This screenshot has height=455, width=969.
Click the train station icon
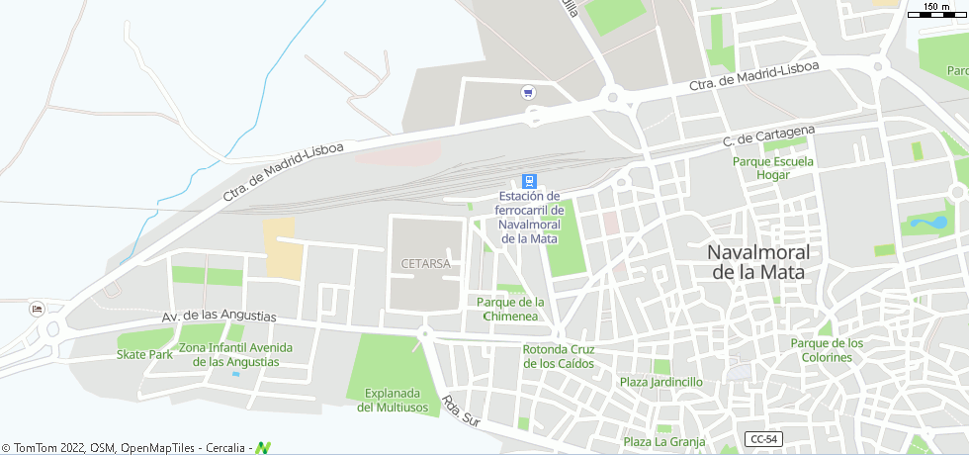click(x=529, y=181)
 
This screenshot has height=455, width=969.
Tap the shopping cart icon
click(x=528, y=93)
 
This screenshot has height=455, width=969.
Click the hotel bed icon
click(x=38, y=308)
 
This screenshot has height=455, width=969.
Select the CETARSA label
click(x=426, y=264)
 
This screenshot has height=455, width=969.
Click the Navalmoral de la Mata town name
click(x=756, y=262)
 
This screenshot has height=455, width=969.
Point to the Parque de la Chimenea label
click(x=510, y=309)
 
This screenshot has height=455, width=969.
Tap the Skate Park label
click(x=144, y=354)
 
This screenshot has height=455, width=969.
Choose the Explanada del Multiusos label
click(x=396, y=400)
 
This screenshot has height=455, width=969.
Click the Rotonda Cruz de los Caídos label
click(x=559, y=356)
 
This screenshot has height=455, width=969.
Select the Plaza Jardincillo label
click(x=661, y=382)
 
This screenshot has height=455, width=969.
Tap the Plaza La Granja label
click(x=662, y=441)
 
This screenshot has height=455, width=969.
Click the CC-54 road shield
click(x=761, y=438)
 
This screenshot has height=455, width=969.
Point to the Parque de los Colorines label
click(x=827, y=350)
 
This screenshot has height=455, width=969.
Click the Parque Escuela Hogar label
click(x=773, y=168)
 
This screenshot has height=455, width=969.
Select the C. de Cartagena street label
click(x=768, y=136)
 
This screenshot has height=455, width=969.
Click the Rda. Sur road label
click(x=460, y=412)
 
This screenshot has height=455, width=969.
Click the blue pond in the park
click(x=927, y=223)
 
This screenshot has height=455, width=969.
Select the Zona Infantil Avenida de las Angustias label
click(x=235, y=354)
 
